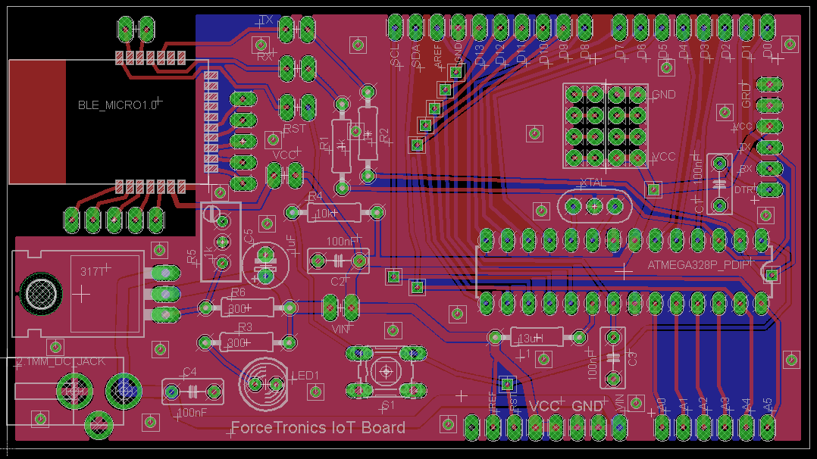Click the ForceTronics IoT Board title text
[x=318, y=427]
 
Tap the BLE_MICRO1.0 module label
[x=117, y=105]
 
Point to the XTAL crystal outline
[x=594, y=205]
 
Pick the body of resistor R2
[x=368, y=133]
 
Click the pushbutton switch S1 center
[x=387, y=371]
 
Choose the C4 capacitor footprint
[x=193, y=391]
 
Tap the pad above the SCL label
[x=395, y=28]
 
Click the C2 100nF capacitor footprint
[x=338, y=261]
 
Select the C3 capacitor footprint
[x=612, y=357]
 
